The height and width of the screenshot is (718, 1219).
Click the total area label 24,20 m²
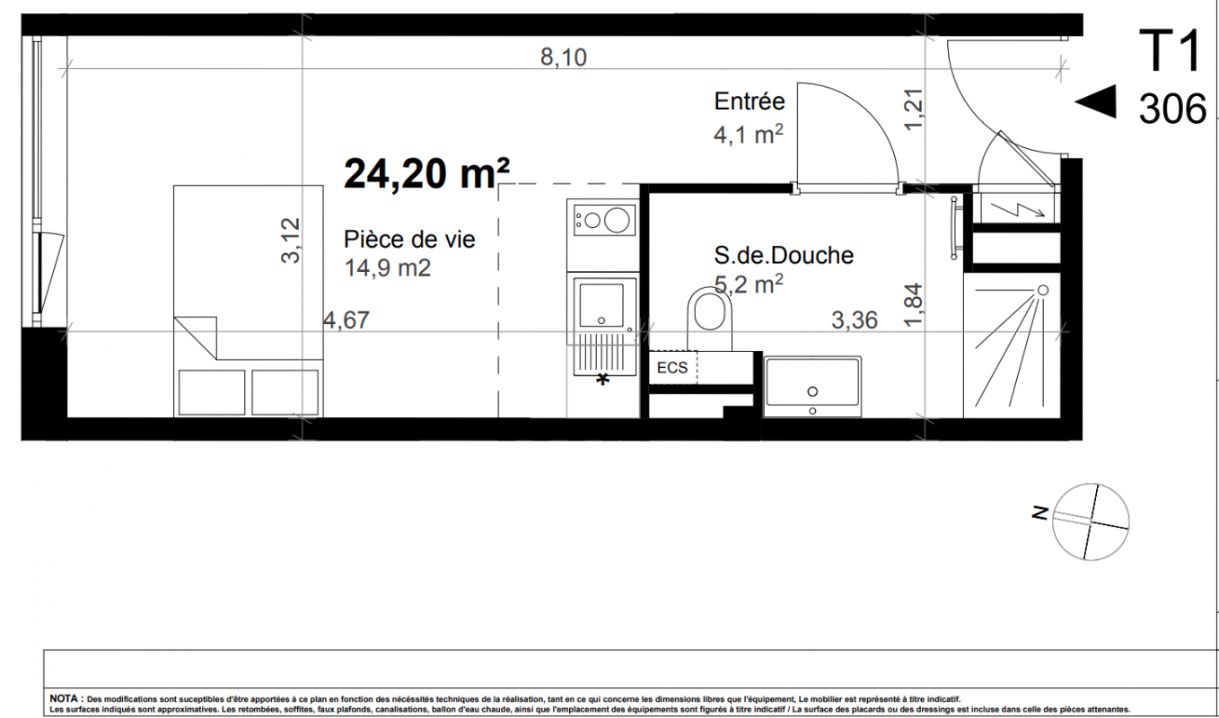(426, 173)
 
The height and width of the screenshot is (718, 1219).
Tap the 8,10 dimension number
(563, 57)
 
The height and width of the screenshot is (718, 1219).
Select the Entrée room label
(750, 101)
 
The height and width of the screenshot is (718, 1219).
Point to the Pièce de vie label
(409, 240)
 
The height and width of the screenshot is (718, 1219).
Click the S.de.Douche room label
(784, 255)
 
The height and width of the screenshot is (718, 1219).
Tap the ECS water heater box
(673, 368)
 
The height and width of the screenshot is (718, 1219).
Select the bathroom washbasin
(812, 387)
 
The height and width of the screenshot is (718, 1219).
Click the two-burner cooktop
(603, 220)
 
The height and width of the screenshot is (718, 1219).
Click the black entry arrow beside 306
(1095, 101)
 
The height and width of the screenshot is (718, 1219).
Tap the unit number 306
(1172, 109)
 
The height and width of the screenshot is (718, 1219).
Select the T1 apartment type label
(1169, 51)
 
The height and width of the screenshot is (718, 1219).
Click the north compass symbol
(1090, 521)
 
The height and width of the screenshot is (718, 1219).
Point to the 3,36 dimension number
(855, 320)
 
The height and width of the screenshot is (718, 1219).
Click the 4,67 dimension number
(346, 320)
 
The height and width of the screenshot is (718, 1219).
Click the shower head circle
(1043, 291)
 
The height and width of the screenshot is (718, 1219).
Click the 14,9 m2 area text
(388, 267)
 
